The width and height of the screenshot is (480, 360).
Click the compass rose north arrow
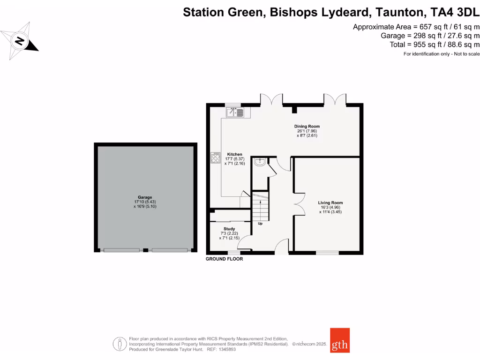(20, 41)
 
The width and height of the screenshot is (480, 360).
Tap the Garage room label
(145, 197)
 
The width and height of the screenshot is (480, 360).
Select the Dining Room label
(307, 127)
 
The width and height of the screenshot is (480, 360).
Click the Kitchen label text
(235, 154)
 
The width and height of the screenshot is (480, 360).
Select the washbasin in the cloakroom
(260, 162)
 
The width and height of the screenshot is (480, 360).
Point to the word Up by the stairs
(260, 224)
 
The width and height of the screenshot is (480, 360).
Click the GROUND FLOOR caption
(225, 259)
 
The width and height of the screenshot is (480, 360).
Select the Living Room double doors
(298, 205)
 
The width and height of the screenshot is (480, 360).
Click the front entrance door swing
(281, 246)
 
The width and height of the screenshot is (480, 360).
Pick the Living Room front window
(327, 253)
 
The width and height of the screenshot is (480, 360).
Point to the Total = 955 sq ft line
(435, 45)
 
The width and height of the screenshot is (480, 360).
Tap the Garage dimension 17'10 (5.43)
(145, 202)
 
